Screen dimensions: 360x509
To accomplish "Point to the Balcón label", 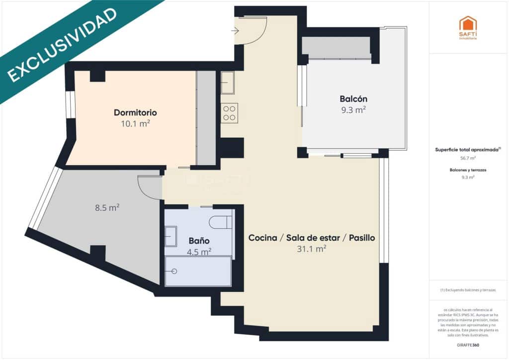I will click(x=353, y=98).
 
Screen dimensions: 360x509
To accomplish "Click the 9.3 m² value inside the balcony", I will click(x=353, y=110).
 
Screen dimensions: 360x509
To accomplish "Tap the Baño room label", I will click(x=199, y=241).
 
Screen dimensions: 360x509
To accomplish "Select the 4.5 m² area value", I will click(x=199, y=252).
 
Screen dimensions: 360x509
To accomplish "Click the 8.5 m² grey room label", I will click(x=107, y=207).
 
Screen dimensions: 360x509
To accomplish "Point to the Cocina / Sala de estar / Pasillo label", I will click(x=311, y=238).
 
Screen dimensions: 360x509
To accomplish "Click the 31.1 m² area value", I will click(x=311, y=249).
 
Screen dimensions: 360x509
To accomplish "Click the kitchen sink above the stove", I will click(x=228, y=83).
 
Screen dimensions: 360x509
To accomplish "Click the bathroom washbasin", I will click(x=170, y=236).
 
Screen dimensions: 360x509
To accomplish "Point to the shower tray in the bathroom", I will click(x=198, y=271).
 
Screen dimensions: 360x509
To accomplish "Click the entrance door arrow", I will click(x=235, y=31).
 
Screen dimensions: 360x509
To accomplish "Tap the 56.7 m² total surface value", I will click(x=467, y=158).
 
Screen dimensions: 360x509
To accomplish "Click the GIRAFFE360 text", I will click(x=467, y=345).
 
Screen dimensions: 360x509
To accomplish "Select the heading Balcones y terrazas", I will click(x=467, y=170).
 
